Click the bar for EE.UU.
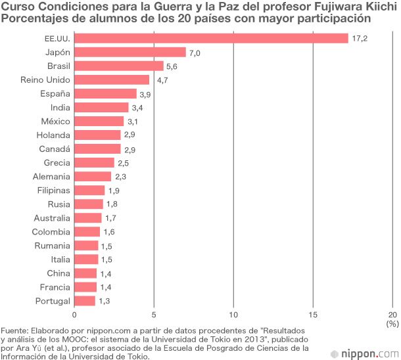(211, 38)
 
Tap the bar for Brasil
(119, 66)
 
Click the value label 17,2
(360, 38)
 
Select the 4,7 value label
(163, 80)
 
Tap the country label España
(55, 93)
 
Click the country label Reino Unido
(46, 80)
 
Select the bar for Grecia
(94, 163)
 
